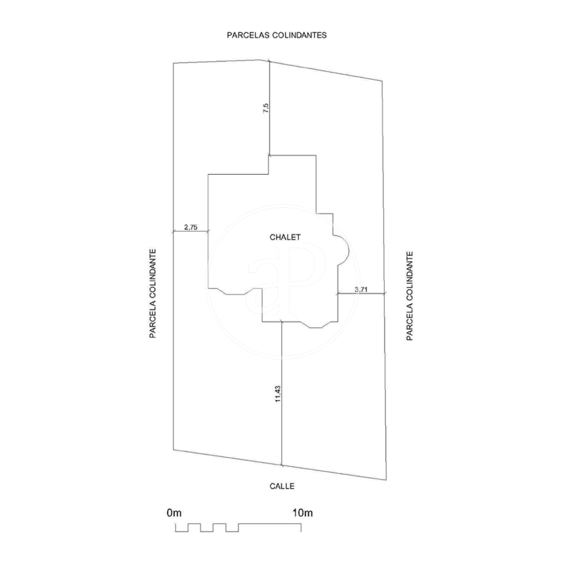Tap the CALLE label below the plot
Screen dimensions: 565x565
coord(282,487)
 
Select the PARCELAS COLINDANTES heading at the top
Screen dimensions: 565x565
coord(277,35)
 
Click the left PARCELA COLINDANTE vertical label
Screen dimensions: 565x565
coord(153,293)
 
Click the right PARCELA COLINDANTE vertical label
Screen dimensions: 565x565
coord(410,296)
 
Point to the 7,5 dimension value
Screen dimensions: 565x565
coord(266,109)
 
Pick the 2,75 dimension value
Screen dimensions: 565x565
coord(191,228)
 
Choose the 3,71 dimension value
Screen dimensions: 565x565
coord(361,289)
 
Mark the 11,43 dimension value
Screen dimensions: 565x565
coord(277,393)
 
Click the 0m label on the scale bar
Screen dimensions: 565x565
coord(174,513)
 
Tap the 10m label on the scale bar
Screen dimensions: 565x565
coord(302,513)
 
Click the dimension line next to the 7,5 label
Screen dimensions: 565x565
coord(270,108)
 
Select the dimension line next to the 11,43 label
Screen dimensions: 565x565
coord(281,393)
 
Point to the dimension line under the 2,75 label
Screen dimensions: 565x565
coord(191,231)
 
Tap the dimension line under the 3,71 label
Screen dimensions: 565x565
coord(361,294)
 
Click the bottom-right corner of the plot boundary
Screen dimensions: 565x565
coord(387,480)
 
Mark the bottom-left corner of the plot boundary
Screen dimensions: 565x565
coord(173,450)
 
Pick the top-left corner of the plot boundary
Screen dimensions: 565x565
coord(173,64)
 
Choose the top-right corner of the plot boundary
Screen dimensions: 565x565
coord(382,81)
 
